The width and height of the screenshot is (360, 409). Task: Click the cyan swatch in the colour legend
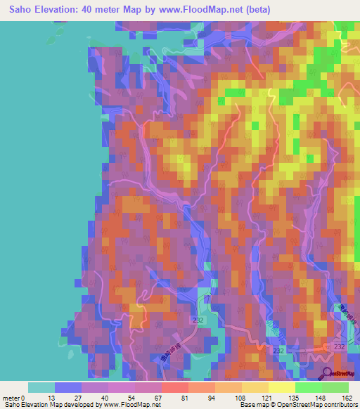41,387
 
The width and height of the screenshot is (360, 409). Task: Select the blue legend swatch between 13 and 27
68,387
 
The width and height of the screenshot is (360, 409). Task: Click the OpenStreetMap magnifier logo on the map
328,374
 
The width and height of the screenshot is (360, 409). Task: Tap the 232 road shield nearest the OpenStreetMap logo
339,346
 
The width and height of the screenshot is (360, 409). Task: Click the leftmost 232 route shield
199,320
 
